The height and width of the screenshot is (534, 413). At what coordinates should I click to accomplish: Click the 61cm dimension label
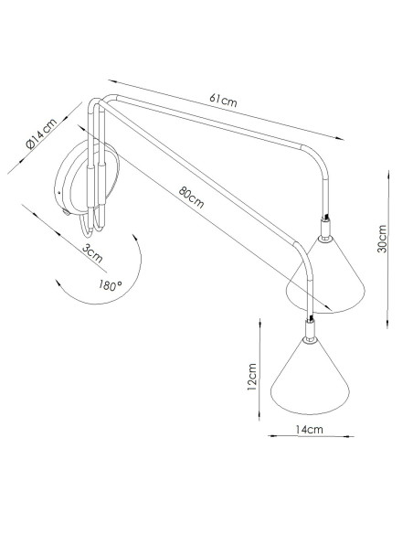223,101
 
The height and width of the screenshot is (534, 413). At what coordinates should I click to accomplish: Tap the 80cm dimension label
191,198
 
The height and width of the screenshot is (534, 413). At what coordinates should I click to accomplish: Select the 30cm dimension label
382,239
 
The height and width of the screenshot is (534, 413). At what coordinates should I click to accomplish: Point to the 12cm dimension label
251,377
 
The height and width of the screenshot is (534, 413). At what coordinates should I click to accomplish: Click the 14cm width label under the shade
309,430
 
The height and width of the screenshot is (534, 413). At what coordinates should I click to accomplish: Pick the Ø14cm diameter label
41,133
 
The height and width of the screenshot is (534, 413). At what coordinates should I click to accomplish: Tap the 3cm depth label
92,253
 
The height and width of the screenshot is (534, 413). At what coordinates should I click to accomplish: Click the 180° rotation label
111,285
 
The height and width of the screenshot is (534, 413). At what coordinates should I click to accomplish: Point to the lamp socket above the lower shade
310,330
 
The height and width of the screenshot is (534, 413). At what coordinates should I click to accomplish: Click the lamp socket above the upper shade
326,230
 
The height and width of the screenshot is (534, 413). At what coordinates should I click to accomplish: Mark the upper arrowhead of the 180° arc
135,238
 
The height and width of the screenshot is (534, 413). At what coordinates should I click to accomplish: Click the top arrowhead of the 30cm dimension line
388,175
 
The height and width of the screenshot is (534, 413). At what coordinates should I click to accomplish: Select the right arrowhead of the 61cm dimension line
340,138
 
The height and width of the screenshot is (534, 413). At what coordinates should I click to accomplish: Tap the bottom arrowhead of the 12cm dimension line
259,416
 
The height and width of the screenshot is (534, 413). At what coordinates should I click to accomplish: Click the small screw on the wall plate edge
66,213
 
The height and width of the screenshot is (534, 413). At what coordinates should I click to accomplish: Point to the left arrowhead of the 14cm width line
272,435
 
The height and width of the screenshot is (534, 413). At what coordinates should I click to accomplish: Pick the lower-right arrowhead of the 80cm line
328,308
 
